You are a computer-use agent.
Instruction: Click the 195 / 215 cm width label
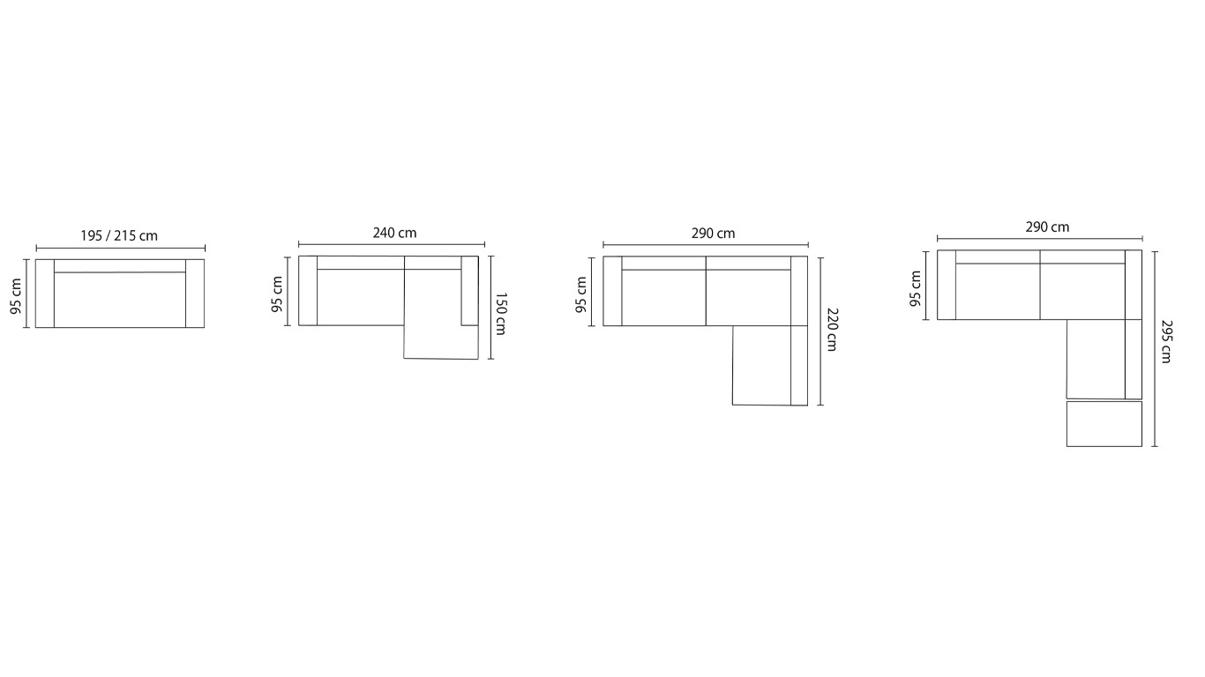[x=119, y=235]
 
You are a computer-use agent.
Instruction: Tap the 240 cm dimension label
[x=394, y=233]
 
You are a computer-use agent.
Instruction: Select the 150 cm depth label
[x=500, y=314]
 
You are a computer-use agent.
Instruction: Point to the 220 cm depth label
[x=832, y=330]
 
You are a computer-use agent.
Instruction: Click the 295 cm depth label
[x=1165, y=341]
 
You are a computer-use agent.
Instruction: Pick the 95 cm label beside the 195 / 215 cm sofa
[x=17, y=296]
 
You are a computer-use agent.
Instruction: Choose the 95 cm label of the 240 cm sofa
[x=277, y=294]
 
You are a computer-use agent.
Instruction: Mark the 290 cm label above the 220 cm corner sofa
[x=713, y=234]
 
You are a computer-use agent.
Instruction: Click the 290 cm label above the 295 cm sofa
[x=1047, y=227]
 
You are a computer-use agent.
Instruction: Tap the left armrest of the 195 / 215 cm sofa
[x=45, y=293]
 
